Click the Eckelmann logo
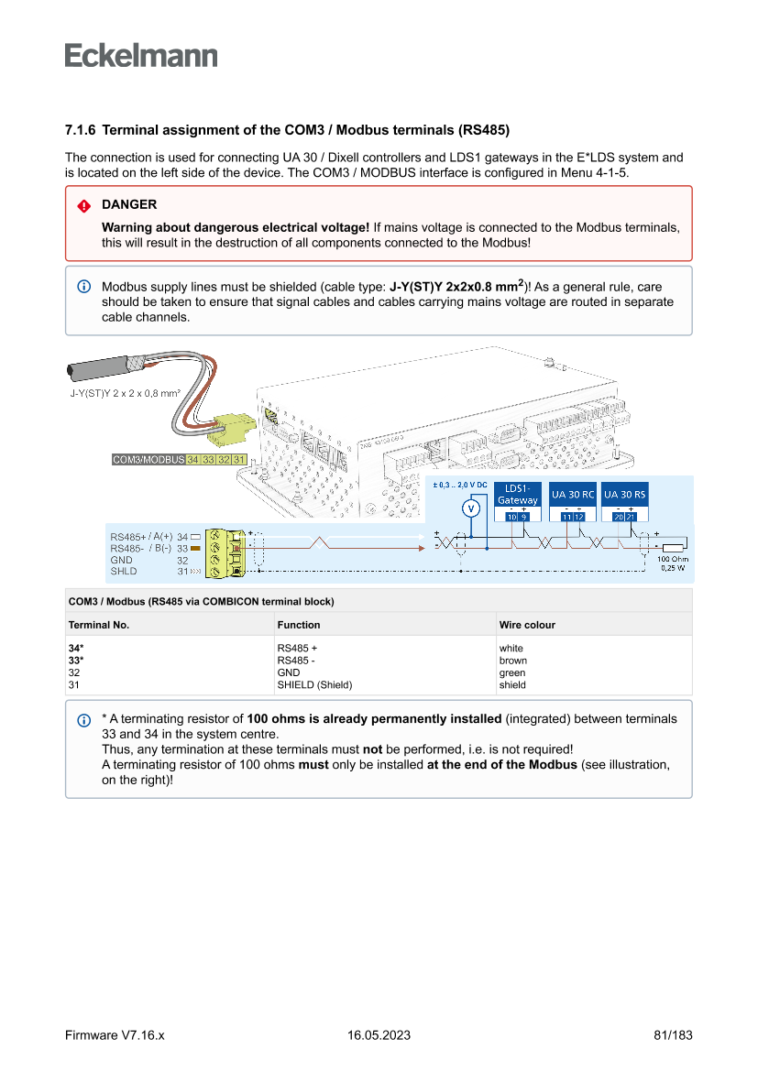click(x=141, y=56)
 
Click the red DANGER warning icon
click(x=84, y=205)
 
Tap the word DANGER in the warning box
click(x=129, y=204)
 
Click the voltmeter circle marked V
click(x=471, y=508)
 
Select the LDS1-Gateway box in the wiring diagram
click(x=517, y=495)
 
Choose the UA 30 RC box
click(x=572, y=495)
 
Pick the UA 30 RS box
click(x=624, y=495)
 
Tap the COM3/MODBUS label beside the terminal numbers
click(x=148, y=459)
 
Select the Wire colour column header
click(x=527, y=625)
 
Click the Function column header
click(x=299, y=625)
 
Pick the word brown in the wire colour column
click(x=512, y=661)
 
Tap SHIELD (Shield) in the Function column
click(x=314, y=684)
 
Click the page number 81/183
click(x=673, y=1035)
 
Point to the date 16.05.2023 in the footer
click(x=379, y=1035)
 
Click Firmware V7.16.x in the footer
click(x=115, y=1035)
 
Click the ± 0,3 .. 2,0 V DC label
click(x=459, y=484)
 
